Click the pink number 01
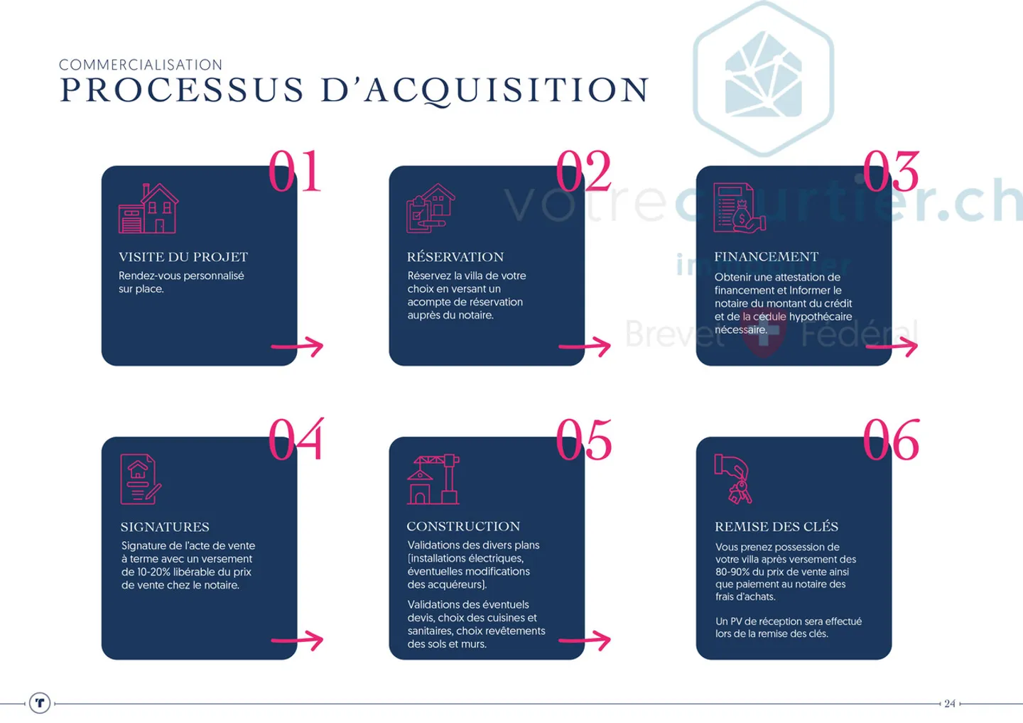(295, 171)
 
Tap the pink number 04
(296, 439)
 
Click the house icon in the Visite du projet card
(148, 208)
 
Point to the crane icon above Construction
(433, 479)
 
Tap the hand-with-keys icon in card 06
(733, 479)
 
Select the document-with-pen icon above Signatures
(141, 479)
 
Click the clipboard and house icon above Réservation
(431, 208)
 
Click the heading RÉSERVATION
(455, 257)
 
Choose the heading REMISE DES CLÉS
(776, 527)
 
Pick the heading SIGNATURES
(165, 527)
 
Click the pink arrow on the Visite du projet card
(297, 347)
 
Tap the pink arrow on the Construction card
(585, 641)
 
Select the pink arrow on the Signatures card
(297, 641)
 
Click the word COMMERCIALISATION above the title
(141, 65)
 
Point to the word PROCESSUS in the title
(182, 89)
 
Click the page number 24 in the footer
(950, 703)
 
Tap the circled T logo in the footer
(40, 703)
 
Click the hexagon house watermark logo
(764, 79)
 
